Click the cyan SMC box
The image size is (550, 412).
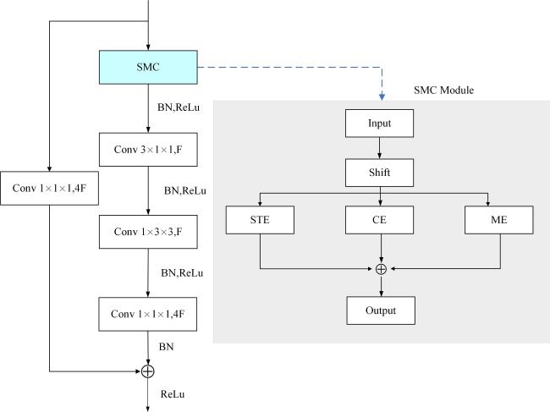point(148,67)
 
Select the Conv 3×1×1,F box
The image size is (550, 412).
point(148,150)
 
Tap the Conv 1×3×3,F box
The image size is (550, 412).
point(148,232)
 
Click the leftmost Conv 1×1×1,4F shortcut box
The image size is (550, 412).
point(49,189)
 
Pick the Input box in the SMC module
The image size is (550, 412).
point(379,123)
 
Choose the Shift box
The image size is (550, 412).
point(379,173)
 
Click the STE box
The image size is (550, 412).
point(260,220)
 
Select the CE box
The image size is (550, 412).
point(379,220)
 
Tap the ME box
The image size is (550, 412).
point(498,220)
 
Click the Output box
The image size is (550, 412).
point(381,310)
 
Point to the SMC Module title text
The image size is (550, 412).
point(443,91)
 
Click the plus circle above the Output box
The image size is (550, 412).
point(381,269)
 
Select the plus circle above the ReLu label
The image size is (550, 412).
point(148,371)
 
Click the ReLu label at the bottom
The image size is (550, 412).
point(173,394)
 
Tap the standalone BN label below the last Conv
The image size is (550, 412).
point(166,347)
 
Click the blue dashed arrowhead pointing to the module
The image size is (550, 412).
point(382,96)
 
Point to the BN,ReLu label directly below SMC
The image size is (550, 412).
point(179,107)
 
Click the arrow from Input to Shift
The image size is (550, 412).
point(379,148)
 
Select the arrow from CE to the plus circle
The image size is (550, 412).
point(382,249)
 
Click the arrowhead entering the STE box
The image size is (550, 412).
point(260,204)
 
